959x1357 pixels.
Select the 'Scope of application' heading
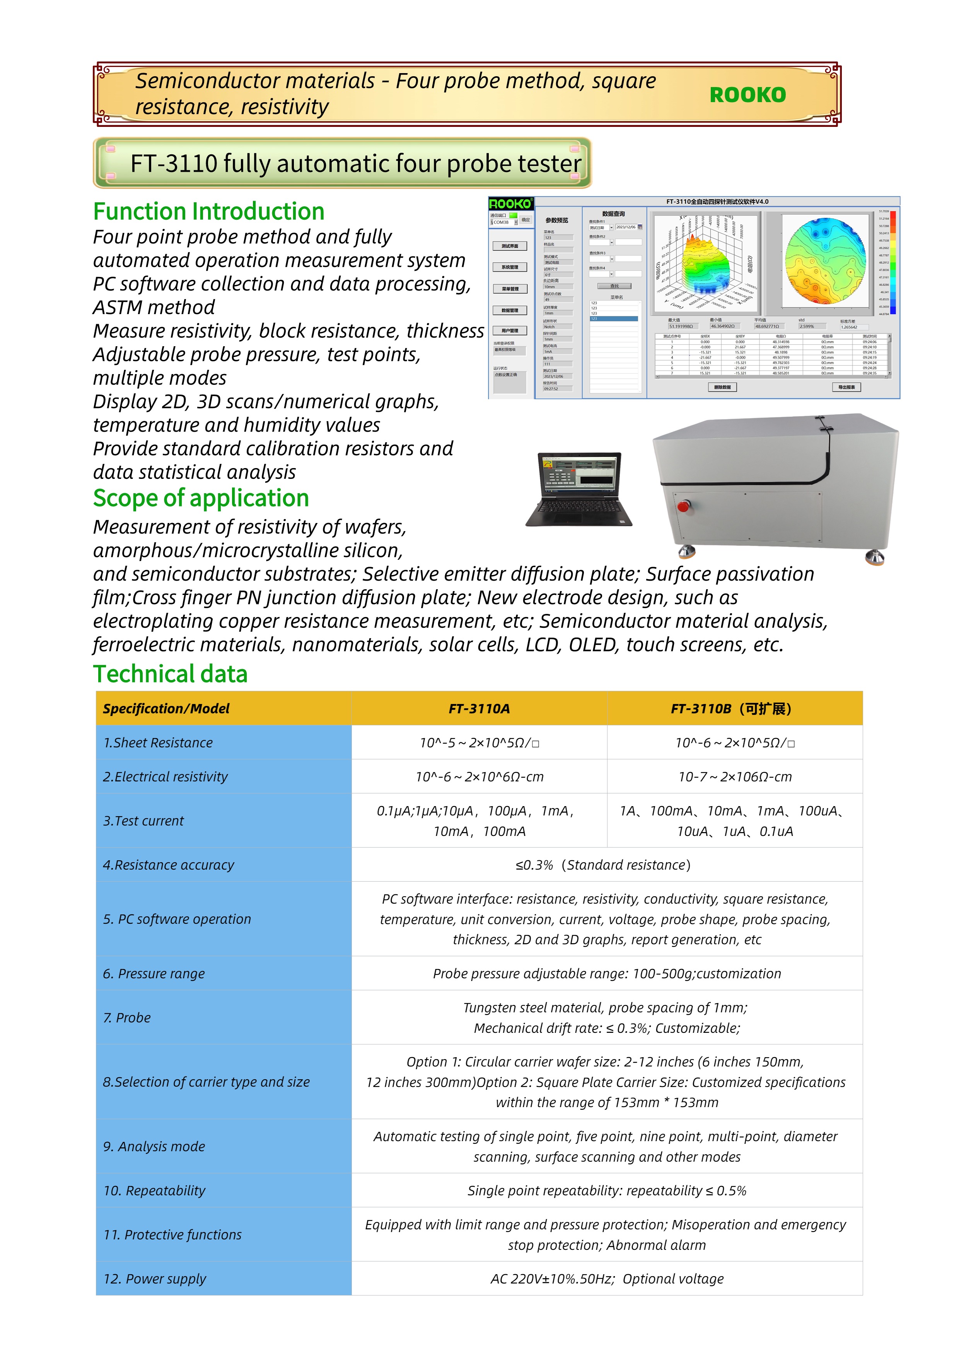click(201, 498)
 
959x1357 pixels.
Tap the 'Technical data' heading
click(170, 674)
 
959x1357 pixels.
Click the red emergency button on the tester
click(684, 506)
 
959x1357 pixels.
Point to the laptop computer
click(579, 489)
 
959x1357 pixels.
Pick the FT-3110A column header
click(479, 709)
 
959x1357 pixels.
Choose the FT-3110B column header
click(734, 709)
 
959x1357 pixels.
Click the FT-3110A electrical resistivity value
click(479, 777)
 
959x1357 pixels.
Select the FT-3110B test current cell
click(734, 821)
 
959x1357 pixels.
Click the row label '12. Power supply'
click(155, 1279)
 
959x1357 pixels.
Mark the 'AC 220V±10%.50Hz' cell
click(606, 1279)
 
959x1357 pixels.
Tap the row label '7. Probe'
click(127, 1018)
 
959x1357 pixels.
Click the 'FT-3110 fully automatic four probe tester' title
click(356, 164)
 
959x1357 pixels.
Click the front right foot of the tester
click(874, 556)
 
